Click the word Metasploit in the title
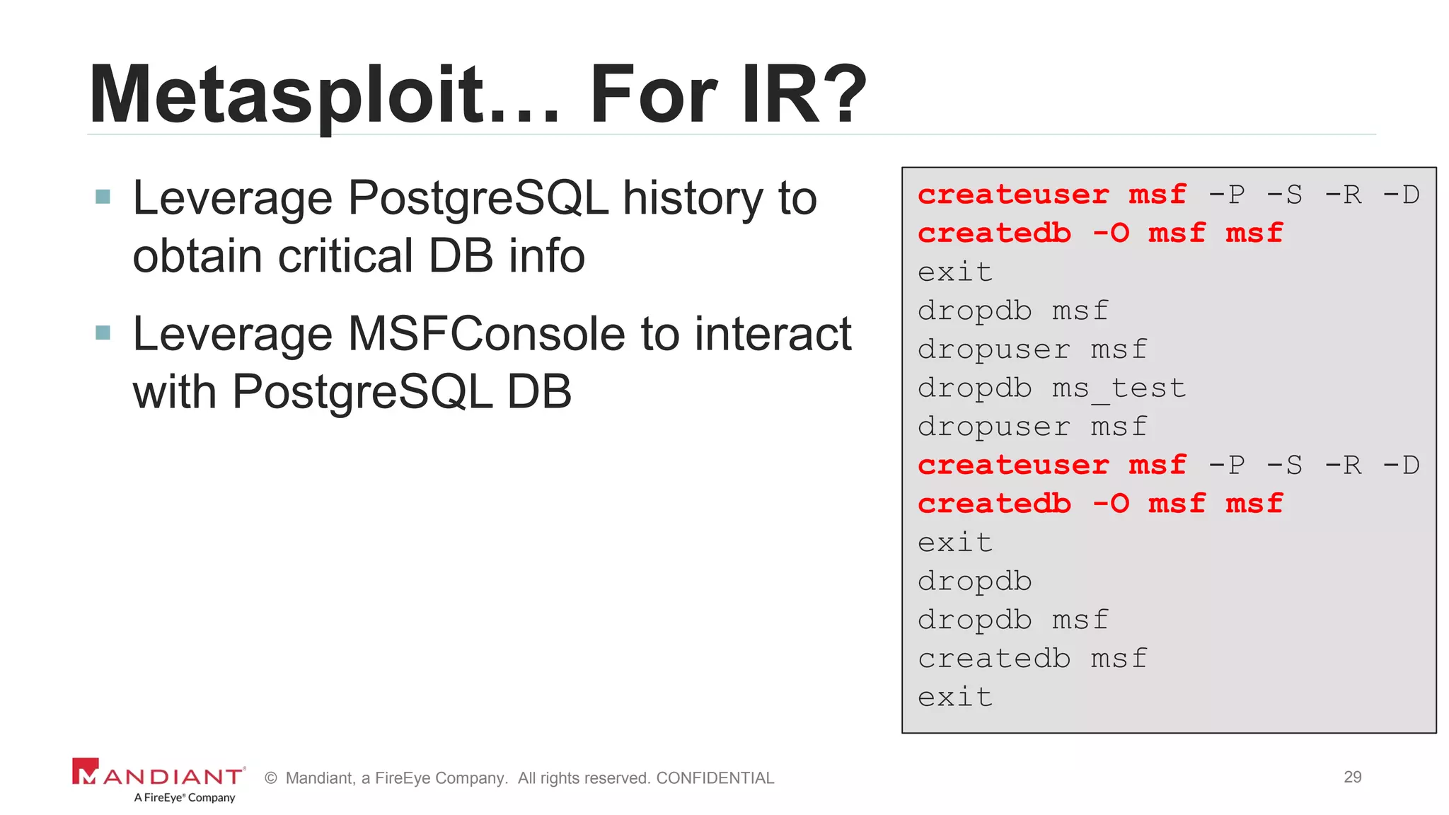287,96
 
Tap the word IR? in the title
804,96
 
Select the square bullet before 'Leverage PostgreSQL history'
103,196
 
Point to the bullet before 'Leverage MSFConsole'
103,332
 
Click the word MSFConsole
487,334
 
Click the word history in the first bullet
693,198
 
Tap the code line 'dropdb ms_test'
1051,388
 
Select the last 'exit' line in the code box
955,698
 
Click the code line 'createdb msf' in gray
1032,659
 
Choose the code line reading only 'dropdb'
975,582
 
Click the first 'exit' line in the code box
955,272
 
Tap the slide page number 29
1352,777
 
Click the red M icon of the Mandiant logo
86,772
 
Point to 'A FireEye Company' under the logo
185,797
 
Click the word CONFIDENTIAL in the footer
715,778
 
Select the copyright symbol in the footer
270,778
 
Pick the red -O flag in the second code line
1111,233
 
